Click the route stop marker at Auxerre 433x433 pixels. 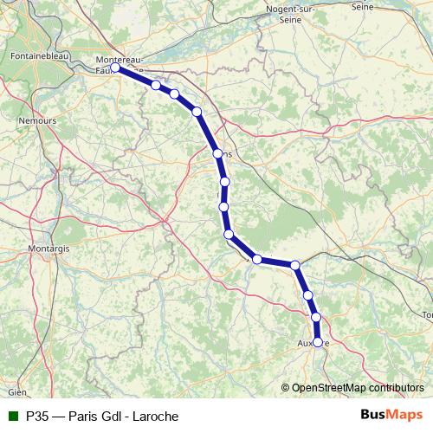click(x=318, y=342)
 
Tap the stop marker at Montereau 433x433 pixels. click(x=115, y=67)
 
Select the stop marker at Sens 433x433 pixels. click(x=218, y=154)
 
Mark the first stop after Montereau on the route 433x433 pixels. click(x=156, y=85)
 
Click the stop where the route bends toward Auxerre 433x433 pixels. click(x=295, y=265)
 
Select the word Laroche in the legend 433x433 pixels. click(x=152, y=416)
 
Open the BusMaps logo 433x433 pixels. click(x=391, y=415)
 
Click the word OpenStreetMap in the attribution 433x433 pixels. click(x=329, y=387)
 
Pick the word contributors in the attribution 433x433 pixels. click(x=396, y=387)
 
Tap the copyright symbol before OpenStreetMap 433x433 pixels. click(x=286, y=387)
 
